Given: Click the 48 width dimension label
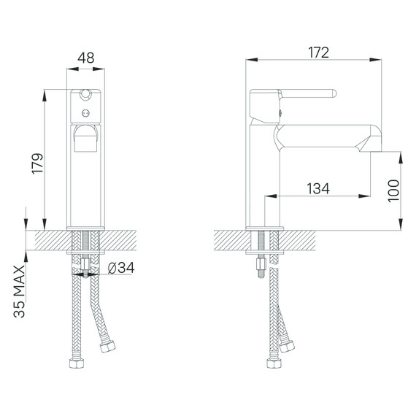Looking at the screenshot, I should click(x=86, y=55).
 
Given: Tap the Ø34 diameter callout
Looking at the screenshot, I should click(x=120, y=268).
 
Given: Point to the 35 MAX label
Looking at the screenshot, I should click(x=20, y=290).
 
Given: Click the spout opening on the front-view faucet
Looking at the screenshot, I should click(x=87, y=136).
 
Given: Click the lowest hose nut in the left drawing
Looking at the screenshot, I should click(x=75, y=363).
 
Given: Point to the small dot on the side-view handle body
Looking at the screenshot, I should click(x=280, y=112).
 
